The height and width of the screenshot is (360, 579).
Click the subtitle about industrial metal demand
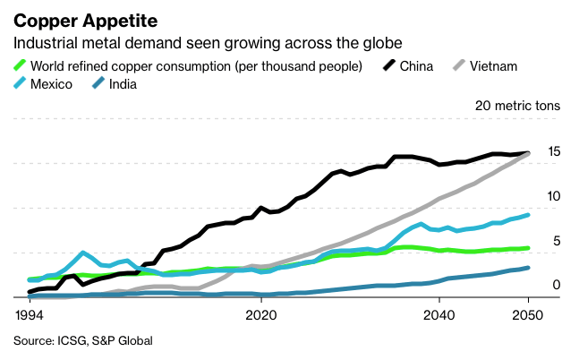[206, 43]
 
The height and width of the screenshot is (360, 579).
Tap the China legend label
[417, 65]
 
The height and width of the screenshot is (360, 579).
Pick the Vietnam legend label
[493, 65]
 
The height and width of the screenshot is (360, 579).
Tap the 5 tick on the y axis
[556, 240]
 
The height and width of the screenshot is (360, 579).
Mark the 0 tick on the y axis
[556, 285]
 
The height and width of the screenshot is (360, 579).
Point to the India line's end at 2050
[528, 268]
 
